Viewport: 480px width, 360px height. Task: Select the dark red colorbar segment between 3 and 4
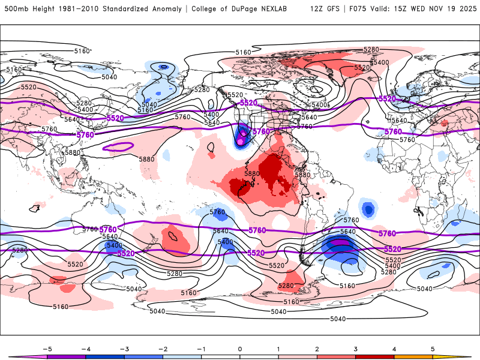(375, 356)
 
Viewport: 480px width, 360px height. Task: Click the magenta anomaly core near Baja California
(242, 140)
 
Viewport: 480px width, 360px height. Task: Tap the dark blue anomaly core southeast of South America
(340, 248)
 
